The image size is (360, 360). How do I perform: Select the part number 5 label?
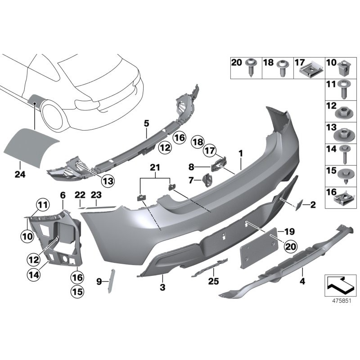(146, 122)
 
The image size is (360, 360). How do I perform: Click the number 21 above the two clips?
(155, 167)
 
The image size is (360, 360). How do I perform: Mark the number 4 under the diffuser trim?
(302, 282)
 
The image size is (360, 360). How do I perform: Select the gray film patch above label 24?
(31, 143)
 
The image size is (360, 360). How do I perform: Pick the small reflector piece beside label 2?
(298, 206)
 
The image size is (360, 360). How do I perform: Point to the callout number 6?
(63, 195)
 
